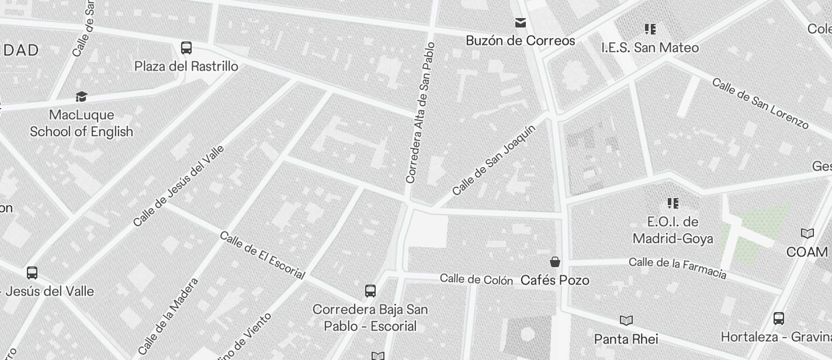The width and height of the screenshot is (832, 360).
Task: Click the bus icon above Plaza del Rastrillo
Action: (x=186, y=47)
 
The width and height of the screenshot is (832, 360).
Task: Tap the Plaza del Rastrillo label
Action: (x=186, y=67)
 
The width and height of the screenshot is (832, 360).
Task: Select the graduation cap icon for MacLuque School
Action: (x=81, y=96)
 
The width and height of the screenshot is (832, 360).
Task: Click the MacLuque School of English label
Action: (x=81, y=123)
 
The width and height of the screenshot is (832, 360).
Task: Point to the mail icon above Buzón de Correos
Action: (x=521, y=23)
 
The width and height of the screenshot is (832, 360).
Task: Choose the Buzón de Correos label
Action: (x=521, y=41)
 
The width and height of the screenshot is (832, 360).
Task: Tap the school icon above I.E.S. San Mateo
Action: (x=650, y=29)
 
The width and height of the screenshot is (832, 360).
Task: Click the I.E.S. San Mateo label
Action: (x=650, y=47)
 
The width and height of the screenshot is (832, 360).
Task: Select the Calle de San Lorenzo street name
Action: (x=760, y=103)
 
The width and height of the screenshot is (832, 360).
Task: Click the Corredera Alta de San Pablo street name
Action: (x=421, y=112)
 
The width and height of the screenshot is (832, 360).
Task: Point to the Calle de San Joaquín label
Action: (x=494, y=160)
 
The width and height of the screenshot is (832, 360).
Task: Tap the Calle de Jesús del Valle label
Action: (x=179, y=185)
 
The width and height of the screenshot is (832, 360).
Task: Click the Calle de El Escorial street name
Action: (x=262, y=255)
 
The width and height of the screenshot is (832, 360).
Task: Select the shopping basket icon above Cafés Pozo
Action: (x=554, y=262)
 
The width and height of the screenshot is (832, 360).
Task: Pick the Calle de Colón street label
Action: (x=476, y=279)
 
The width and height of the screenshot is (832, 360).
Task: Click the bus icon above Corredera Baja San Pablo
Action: (x=370, y=290)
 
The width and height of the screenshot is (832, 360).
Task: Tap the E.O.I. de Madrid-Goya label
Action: (x=672, y=230)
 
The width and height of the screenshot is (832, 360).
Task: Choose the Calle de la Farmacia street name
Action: (x=677, y=268)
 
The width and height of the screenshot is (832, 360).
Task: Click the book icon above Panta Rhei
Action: (x=626, y=320)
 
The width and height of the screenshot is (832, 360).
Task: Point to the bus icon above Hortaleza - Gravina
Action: (x=778, y=319)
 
